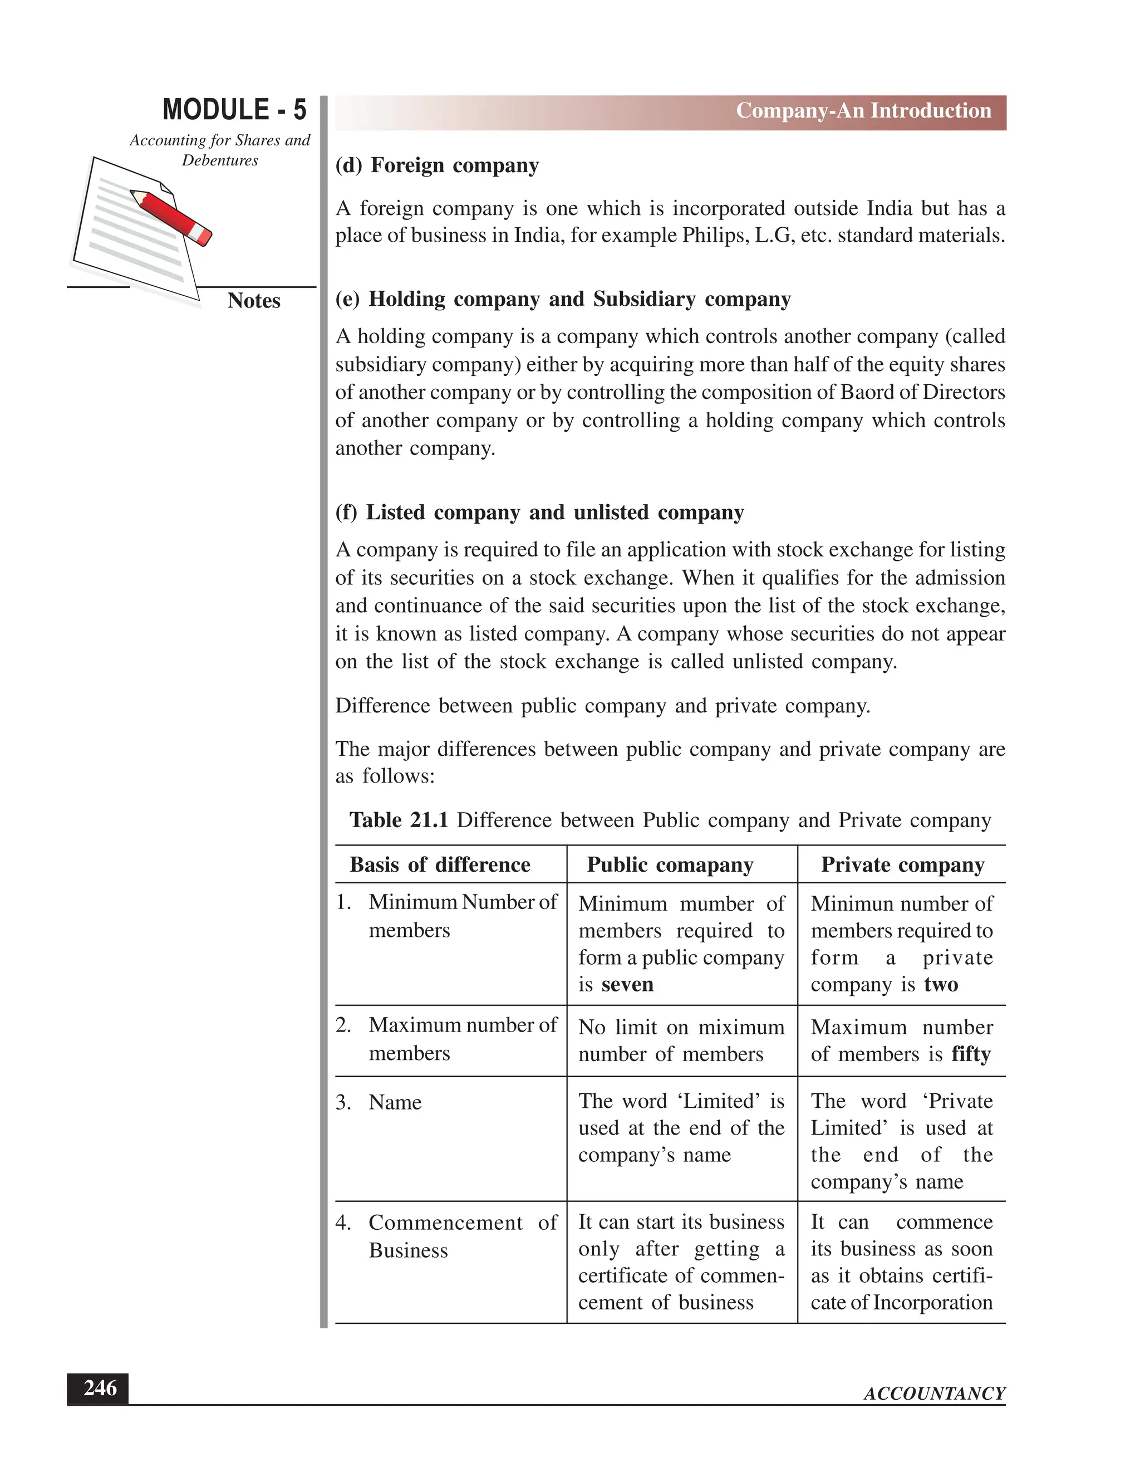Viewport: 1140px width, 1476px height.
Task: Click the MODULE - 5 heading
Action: click(x=234, y=110)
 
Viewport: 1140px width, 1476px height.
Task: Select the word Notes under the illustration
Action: click(x=254, y=301)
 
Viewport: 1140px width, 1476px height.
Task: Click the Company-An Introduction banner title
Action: click(x=863, y=111)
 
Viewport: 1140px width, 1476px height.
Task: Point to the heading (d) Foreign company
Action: click(x=437, y=165)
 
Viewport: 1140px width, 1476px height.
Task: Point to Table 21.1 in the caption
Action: click(x=399, y=820)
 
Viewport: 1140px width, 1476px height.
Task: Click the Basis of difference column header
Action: click(x=440, y=865)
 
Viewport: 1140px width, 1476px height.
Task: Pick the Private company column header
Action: click(x=902, y=865)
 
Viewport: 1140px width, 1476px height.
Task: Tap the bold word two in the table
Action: click(x=941, y=985)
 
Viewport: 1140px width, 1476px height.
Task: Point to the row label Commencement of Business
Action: click(x=446, y=1236)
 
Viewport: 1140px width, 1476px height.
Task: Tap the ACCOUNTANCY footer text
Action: click(x=934, y=1394)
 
